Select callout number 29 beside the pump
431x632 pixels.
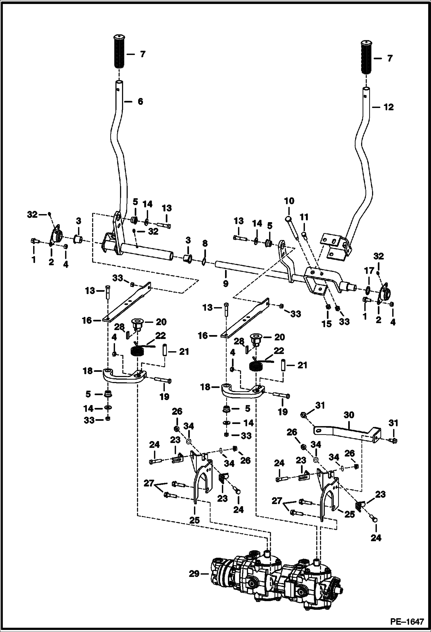[x=194, y=574]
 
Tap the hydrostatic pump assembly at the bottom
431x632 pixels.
[x=276, y=576]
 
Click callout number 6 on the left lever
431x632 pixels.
[x=140, y=101]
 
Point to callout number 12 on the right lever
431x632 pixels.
[x=388, y=107]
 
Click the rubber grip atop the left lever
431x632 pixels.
[x=118, y=51]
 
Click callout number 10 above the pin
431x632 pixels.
[x=289, y=201]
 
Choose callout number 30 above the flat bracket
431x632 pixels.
[x=348, y=415]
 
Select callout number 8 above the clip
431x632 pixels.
[x=205, y=244]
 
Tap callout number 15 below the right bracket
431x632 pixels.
[x=327, y=324]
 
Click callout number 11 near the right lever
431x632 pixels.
[x=304, y=217]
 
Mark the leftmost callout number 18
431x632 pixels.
[x=88, y=371]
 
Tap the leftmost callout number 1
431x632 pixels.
[x=34, y=260]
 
